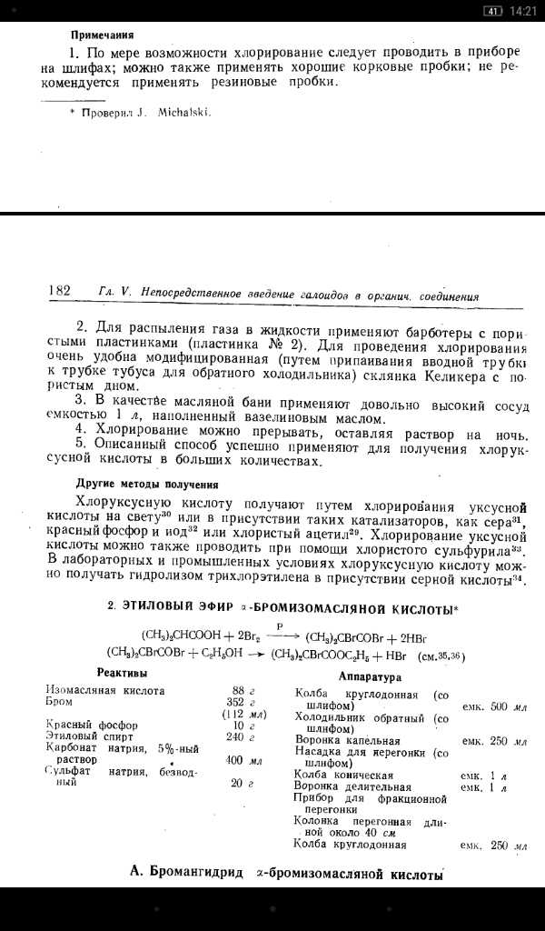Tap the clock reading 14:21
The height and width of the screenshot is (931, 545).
[523, 11]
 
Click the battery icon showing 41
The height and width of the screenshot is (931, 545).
[492, 11]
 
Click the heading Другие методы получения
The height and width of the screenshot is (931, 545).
[146, 485]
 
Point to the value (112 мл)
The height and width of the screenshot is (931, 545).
[240, 714]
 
